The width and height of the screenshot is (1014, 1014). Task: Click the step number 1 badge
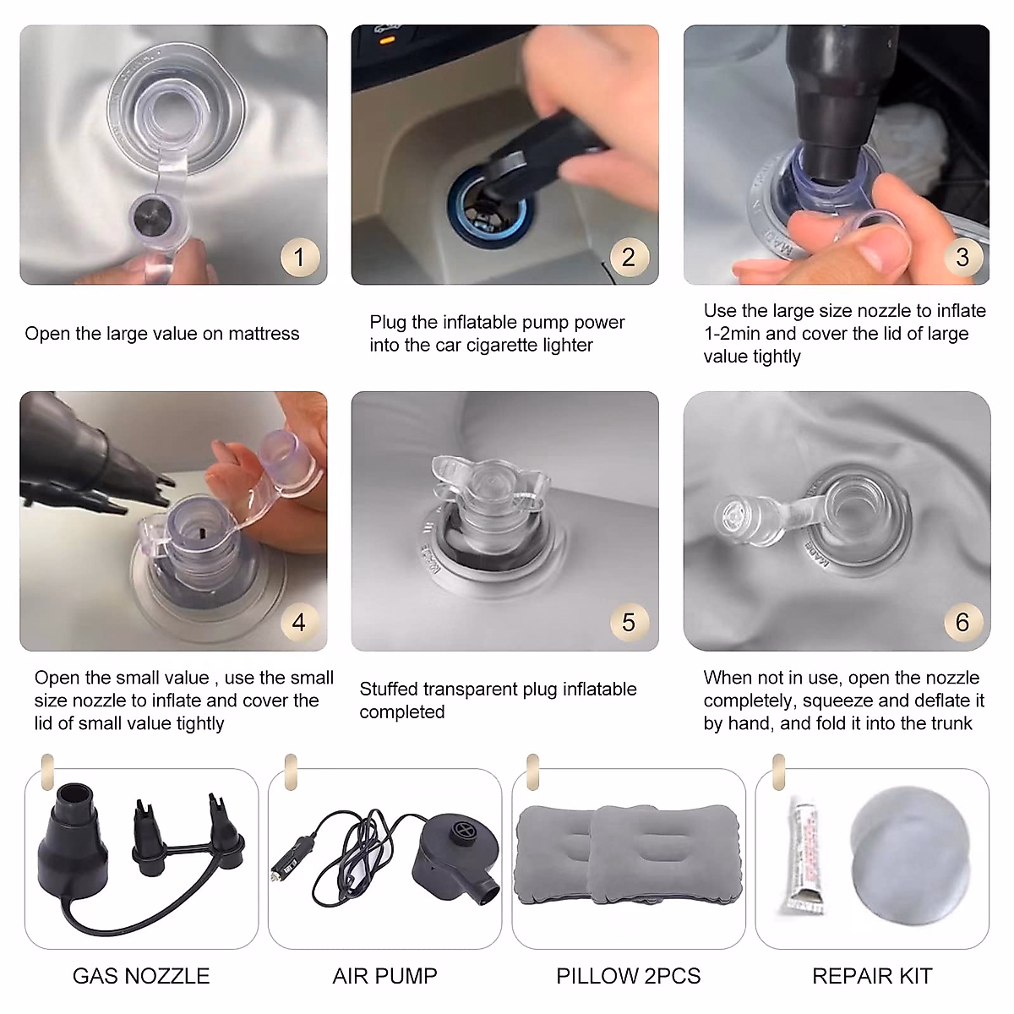[x=299, y=258]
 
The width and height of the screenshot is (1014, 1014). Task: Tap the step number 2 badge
[x=630, y=257]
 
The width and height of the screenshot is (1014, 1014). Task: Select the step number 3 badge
[x=962, y=257]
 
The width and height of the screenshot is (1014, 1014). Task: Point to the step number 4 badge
[x=299, y=623]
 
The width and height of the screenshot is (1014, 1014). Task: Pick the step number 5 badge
[x=630, y=622]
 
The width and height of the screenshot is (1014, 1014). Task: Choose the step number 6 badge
[x=962, y=622]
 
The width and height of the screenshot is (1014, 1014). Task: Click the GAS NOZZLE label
[x=141, y=976]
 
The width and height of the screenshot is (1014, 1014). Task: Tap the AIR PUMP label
[x=384, y=976]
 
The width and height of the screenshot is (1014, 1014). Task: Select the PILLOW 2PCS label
[x=629, y=976]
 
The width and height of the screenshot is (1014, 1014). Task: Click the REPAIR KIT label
[x=872, y=976]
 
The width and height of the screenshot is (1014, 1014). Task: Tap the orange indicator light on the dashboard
[x=387, y=40]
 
